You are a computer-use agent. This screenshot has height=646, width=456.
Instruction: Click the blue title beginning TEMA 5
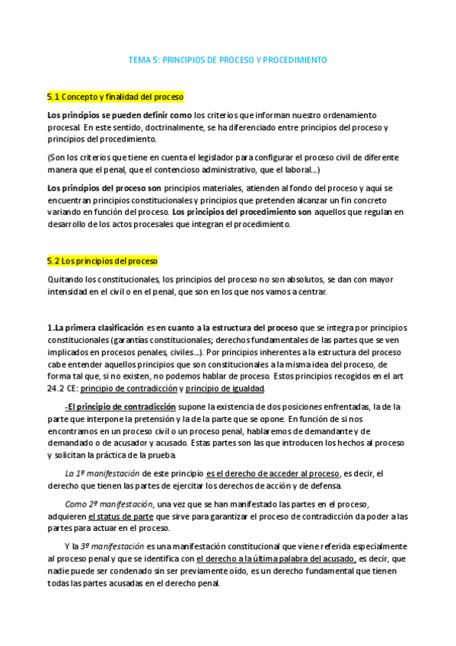228,59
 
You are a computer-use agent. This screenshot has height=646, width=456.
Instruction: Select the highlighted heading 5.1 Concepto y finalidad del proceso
115,98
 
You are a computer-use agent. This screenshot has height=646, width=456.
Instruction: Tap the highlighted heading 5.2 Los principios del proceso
102,261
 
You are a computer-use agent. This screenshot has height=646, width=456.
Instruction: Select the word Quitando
65,278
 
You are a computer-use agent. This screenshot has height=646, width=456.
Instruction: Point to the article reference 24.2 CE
61,389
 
